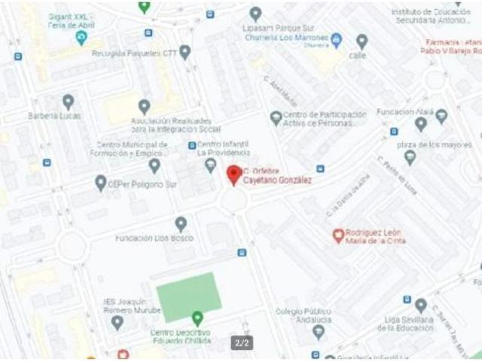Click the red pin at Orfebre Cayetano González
click(233, 174)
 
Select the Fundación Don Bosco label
click(154, 238)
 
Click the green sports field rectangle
click(188, 296)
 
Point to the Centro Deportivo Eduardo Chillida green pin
click(197, 318)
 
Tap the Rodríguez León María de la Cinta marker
click(338, 235)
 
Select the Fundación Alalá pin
click(441, 115)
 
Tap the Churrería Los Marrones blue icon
click(337, 39)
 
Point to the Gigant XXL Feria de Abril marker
click(81, 37)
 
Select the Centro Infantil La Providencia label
click(223, 148)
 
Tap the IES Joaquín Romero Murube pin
click(117, 322)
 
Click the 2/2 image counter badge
click(243, 343)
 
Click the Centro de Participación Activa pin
click(276, 117)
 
